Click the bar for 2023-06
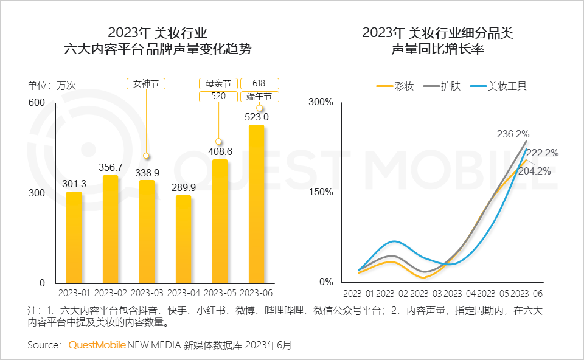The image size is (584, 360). (x=256, y=204)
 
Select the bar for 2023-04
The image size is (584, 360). (x=183, y=239)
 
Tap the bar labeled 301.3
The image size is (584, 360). (x=74, y=237)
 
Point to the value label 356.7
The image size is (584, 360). (x=111, y=167)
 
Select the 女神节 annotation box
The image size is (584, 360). (x=146, y=84)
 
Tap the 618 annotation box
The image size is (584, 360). (x=260, y=84)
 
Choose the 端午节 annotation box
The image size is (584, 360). (x=260, y=97)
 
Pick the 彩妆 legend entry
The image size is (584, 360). (x=395, y=86)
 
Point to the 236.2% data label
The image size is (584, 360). (x=513, y=134)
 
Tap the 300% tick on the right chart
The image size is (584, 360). (x=321, y=102)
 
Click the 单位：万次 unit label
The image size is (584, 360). (x=52, y=85)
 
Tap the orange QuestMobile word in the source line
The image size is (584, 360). (x=97, y=345)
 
